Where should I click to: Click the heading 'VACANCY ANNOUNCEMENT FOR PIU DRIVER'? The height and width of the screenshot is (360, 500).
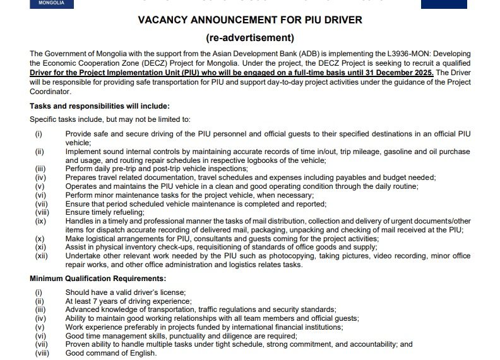[250, 20]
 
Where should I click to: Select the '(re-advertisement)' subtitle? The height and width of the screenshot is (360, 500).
[250, 37]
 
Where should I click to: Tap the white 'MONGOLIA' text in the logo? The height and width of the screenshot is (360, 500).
[51, 3]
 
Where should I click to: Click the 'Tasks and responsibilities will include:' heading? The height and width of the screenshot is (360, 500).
[100, 105]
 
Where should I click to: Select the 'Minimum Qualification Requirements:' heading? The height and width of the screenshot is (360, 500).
[98, 279]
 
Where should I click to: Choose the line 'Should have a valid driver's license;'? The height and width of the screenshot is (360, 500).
[126, 292]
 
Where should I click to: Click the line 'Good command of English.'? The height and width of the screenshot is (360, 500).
[111, 353]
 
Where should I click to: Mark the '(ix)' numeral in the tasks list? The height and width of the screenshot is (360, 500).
[39, 221]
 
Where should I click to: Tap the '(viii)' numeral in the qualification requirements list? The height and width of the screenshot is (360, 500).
[41, 353]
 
